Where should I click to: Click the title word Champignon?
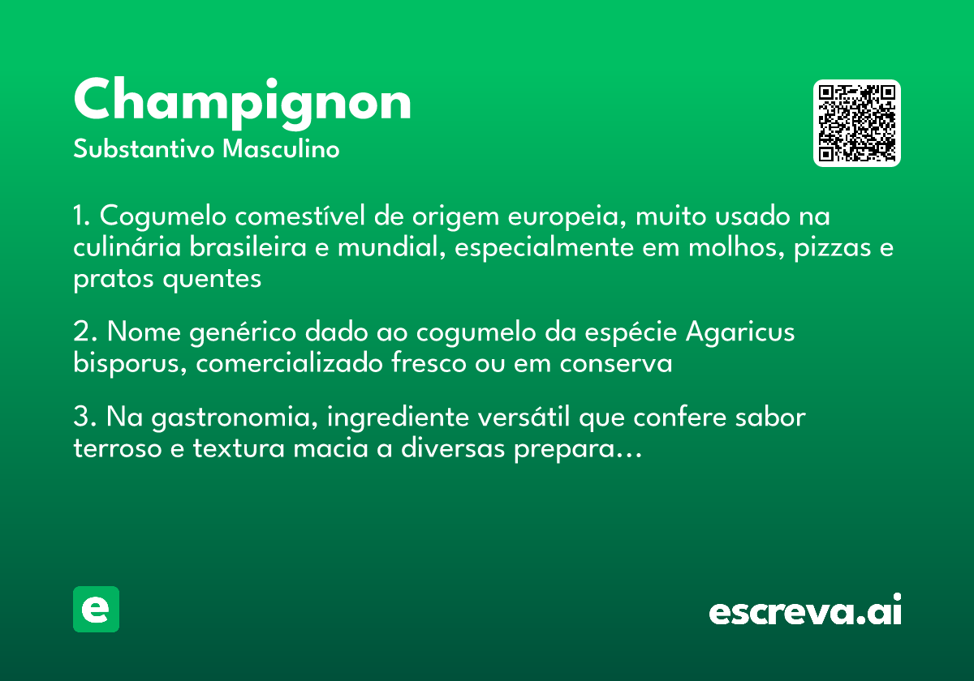coord(242,103)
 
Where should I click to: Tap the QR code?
coord(857,123)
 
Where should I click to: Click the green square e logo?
coord(96,609)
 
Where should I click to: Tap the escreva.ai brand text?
coord(805,610)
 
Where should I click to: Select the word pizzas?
coord(819,248)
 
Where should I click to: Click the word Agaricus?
coord(740,332)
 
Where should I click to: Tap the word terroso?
coord(118,448)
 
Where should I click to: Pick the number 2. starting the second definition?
coord(85,332)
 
